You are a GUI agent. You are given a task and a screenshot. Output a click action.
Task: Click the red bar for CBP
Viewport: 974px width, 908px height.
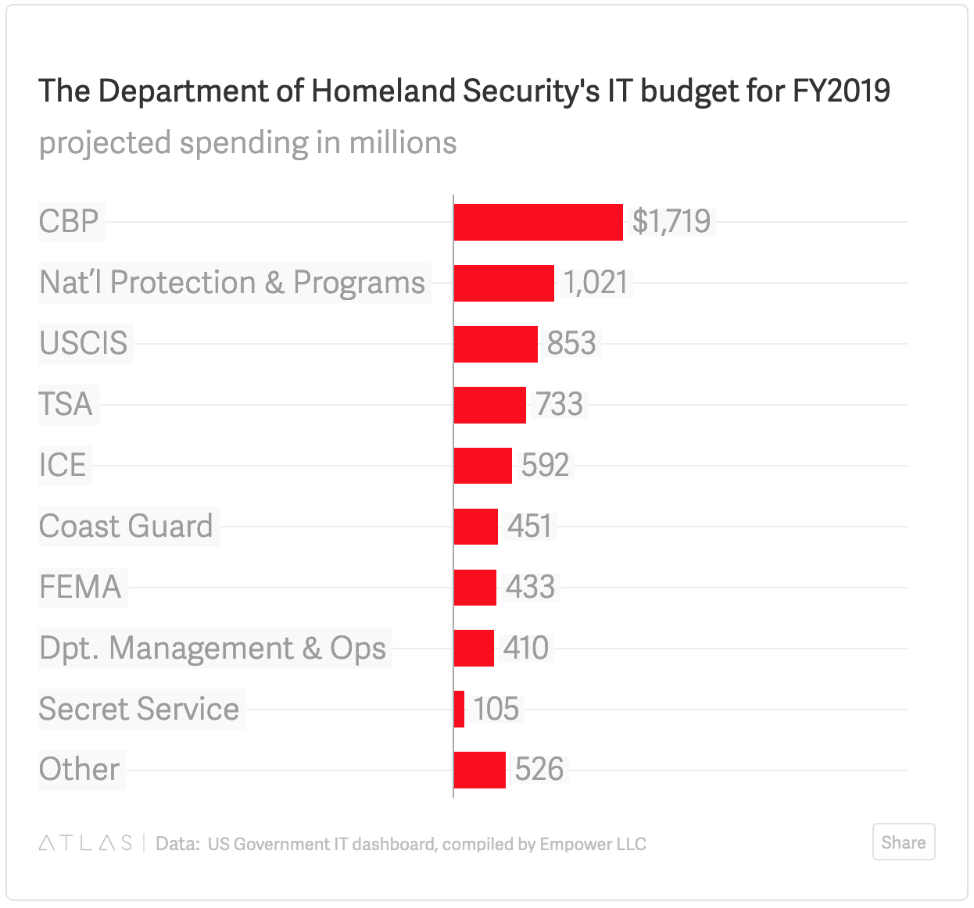tap(538, 222)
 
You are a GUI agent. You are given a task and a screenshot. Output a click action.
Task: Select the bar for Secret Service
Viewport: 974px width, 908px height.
tap(460, 710)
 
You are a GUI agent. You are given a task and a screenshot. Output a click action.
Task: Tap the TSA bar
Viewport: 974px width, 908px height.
tap(489, 405)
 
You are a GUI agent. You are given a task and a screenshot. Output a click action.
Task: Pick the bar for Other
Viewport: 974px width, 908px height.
tap(479, 770)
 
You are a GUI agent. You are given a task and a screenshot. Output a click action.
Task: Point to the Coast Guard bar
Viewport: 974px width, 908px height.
tap(475, 527)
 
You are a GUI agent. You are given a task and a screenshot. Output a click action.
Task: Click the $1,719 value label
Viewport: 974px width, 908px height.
tap(671, 222)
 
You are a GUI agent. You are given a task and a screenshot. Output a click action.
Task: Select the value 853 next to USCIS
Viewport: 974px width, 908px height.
tap(571, 344)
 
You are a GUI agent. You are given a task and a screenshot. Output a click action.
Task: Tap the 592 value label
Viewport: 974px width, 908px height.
tap(545, 466)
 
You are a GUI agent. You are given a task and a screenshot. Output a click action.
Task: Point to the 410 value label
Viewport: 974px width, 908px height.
tap(526, 649)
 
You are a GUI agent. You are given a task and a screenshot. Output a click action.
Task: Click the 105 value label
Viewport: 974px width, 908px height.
tap(496, 710)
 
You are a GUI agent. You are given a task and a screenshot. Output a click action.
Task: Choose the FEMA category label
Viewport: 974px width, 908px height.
tap(81, 588)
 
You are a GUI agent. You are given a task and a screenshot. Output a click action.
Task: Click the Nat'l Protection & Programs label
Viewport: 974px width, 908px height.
tap(232, 283)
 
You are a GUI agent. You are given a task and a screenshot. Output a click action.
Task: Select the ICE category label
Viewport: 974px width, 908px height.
tap(63, 466)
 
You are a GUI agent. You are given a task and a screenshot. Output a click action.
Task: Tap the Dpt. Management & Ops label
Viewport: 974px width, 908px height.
tap(213, 649)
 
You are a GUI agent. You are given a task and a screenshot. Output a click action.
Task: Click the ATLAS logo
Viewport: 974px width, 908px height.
tap(85, 843)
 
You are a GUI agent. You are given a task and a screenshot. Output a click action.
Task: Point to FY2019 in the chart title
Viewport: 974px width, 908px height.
tap(841, 91)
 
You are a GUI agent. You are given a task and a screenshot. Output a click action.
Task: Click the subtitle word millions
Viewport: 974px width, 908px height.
tap(403, 143)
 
